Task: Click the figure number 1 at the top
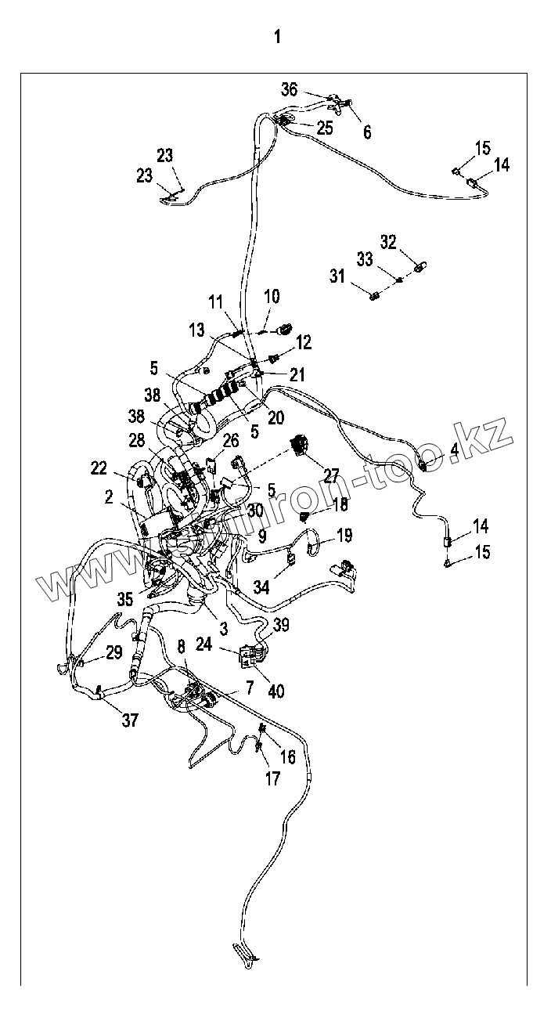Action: (x=276, y=37)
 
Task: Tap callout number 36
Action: (x=290, y=90)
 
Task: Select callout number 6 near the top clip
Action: (x=367, y=132)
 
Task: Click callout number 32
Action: (x=389, y=241)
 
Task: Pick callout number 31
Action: (x=337, y=276)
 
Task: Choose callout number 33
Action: (x=365, y=258)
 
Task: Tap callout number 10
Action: (x=272, y=297)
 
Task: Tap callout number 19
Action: (x=344, y=536)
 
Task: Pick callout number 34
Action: (x=261, y=585)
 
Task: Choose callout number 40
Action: (x=276, y=691)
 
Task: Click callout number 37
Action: (x=130, y=720)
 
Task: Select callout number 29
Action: (x=114, y=652)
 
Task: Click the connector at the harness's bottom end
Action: (x=243, y=952)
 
